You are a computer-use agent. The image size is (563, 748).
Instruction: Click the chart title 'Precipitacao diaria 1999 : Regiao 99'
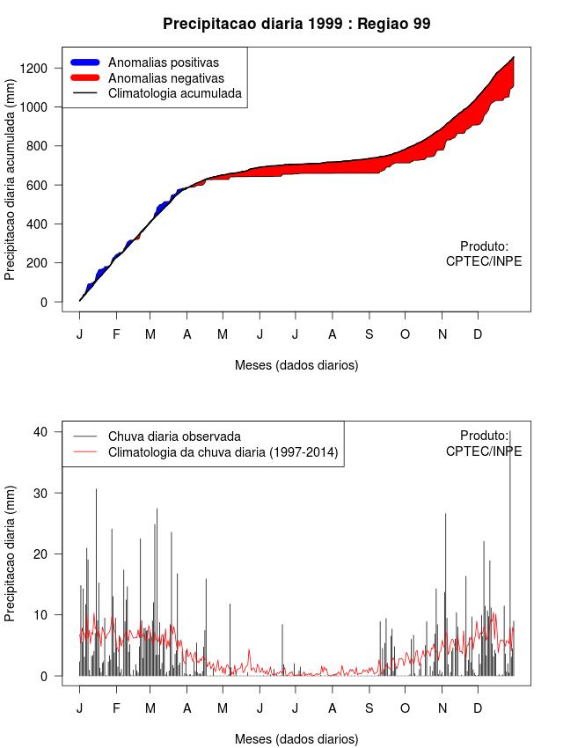pyautogui.click(x=296, y=24)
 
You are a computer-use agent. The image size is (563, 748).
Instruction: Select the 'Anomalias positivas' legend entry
pyautogui.click(x=163, y=62)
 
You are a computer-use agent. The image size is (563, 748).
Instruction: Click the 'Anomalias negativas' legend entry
pyautogui.click(x=165, y=77)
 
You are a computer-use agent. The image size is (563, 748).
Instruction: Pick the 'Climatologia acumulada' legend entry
pyautogui.click(x=174, y=92)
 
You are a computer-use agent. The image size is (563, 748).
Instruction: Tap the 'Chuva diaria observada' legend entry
pyautogui.click(x=174, y=436)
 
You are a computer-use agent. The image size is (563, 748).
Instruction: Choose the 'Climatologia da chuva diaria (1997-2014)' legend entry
pyautogui.click(x=223, y=452)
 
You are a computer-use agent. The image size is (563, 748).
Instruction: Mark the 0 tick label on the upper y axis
pyautogui.click(x=44, y=302)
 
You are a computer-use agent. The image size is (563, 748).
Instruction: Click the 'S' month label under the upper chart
pyautogui.click(x=369, y=334)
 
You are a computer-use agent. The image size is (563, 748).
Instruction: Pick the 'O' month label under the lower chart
pyautogui.click(x=406, y=708)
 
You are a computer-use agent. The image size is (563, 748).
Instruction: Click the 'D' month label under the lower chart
pyautogui.click(x=478, y=708)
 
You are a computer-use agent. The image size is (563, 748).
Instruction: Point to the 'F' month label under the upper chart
pyautogui.click(x=116, y=334)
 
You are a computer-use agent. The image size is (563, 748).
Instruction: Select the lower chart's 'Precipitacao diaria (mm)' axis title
pyautogui.click(x=11, y=553)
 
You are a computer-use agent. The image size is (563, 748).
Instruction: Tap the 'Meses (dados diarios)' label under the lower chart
pyautogui.click(x=296, y=738)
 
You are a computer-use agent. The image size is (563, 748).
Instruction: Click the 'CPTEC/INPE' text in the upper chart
pyautogui.click(x=484, y=261)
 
